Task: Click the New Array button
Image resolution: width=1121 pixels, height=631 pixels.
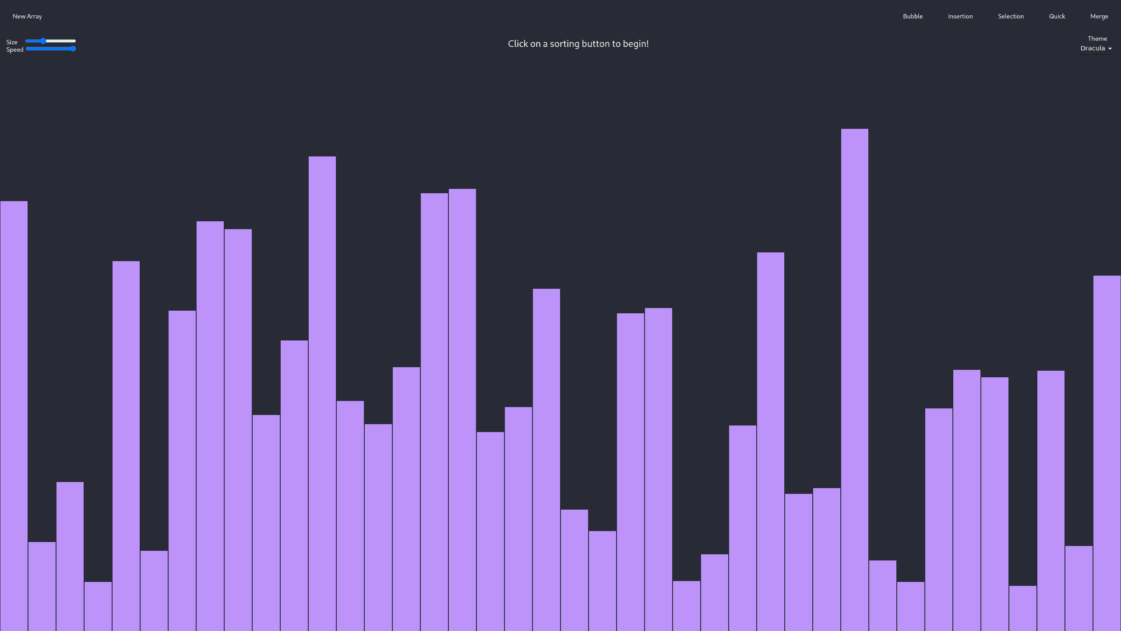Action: pyautogui.click(x=27, y=16)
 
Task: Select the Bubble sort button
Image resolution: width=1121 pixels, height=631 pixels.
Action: pyautogui.click(x=913, y=16)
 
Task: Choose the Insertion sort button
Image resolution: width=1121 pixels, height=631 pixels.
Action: pyautogui.click(x=960, y=16)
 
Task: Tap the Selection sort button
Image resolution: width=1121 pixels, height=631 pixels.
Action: pyautogui.click(x=1011, y=16)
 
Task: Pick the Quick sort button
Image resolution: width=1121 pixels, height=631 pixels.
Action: pyautogui.click(x=1057, y=16)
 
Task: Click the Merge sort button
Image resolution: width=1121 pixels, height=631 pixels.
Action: pyautogui.click(x=1099, y=16)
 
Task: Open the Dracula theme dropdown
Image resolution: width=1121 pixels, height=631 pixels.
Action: pyautogui.click(x=1096, y=48)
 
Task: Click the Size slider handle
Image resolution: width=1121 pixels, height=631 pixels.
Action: pyautogui.click(x=43, y=41)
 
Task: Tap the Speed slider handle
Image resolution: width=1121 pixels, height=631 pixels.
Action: pyautogui.click(x=73, y=49)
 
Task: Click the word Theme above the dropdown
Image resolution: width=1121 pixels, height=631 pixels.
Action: pyautogui.click(x=1097, y=39)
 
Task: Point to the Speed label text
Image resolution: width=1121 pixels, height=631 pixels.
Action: pyautogui.click(x=15, y=50)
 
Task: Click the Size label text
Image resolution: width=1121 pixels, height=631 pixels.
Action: pyautogui.click(x=12, y=42)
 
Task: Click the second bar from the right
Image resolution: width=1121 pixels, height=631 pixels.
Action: pyautogui.click(x=1079, y=588)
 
